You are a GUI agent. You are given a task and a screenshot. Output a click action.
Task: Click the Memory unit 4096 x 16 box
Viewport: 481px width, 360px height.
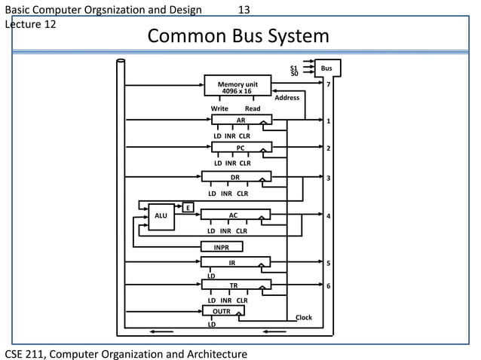(x=237, y=86)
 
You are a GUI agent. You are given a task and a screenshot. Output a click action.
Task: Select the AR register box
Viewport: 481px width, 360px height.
(x=240, y=121)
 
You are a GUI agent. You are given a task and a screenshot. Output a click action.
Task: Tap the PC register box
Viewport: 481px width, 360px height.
(x=240, y=148)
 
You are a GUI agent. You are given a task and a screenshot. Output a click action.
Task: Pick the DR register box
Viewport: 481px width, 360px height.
(x=235, y=177)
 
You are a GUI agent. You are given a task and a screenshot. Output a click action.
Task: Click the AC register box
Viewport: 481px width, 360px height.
(x=234, y=215)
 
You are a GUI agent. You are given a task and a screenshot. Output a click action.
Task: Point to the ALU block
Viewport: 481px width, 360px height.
(x=161, y=216)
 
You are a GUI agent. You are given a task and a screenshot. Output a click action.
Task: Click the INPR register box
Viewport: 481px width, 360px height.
(x=222, y=247)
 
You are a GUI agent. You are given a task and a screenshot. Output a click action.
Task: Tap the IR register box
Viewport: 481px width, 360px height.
(x=234, y=263)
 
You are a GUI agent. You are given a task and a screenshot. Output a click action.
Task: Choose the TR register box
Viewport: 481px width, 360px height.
(x=234, y=285)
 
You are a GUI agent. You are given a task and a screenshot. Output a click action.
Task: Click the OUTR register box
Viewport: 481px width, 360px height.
(x=222, y=310)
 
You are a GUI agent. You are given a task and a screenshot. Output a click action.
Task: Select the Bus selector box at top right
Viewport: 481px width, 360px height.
(x=327, y=69)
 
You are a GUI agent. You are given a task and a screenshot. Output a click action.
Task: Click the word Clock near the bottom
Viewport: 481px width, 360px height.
(x=303, y=318)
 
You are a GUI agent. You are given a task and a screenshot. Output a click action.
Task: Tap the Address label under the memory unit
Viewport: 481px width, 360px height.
(x=287, y=98)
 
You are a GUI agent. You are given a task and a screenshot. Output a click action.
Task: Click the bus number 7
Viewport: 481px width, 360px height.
(x=328, y=84)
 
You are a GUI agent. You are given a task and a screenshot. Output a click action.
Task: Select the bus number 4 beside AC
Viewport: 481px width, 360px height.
(x=328, y=216)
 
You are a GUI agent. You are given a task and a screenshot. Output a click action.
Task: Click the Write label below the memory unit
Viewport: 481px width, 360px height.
(x=219, y=108)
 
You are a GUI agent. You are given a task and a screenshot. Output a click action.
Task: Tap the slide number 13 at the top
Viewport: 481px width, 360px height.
(x=244, y=10)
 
